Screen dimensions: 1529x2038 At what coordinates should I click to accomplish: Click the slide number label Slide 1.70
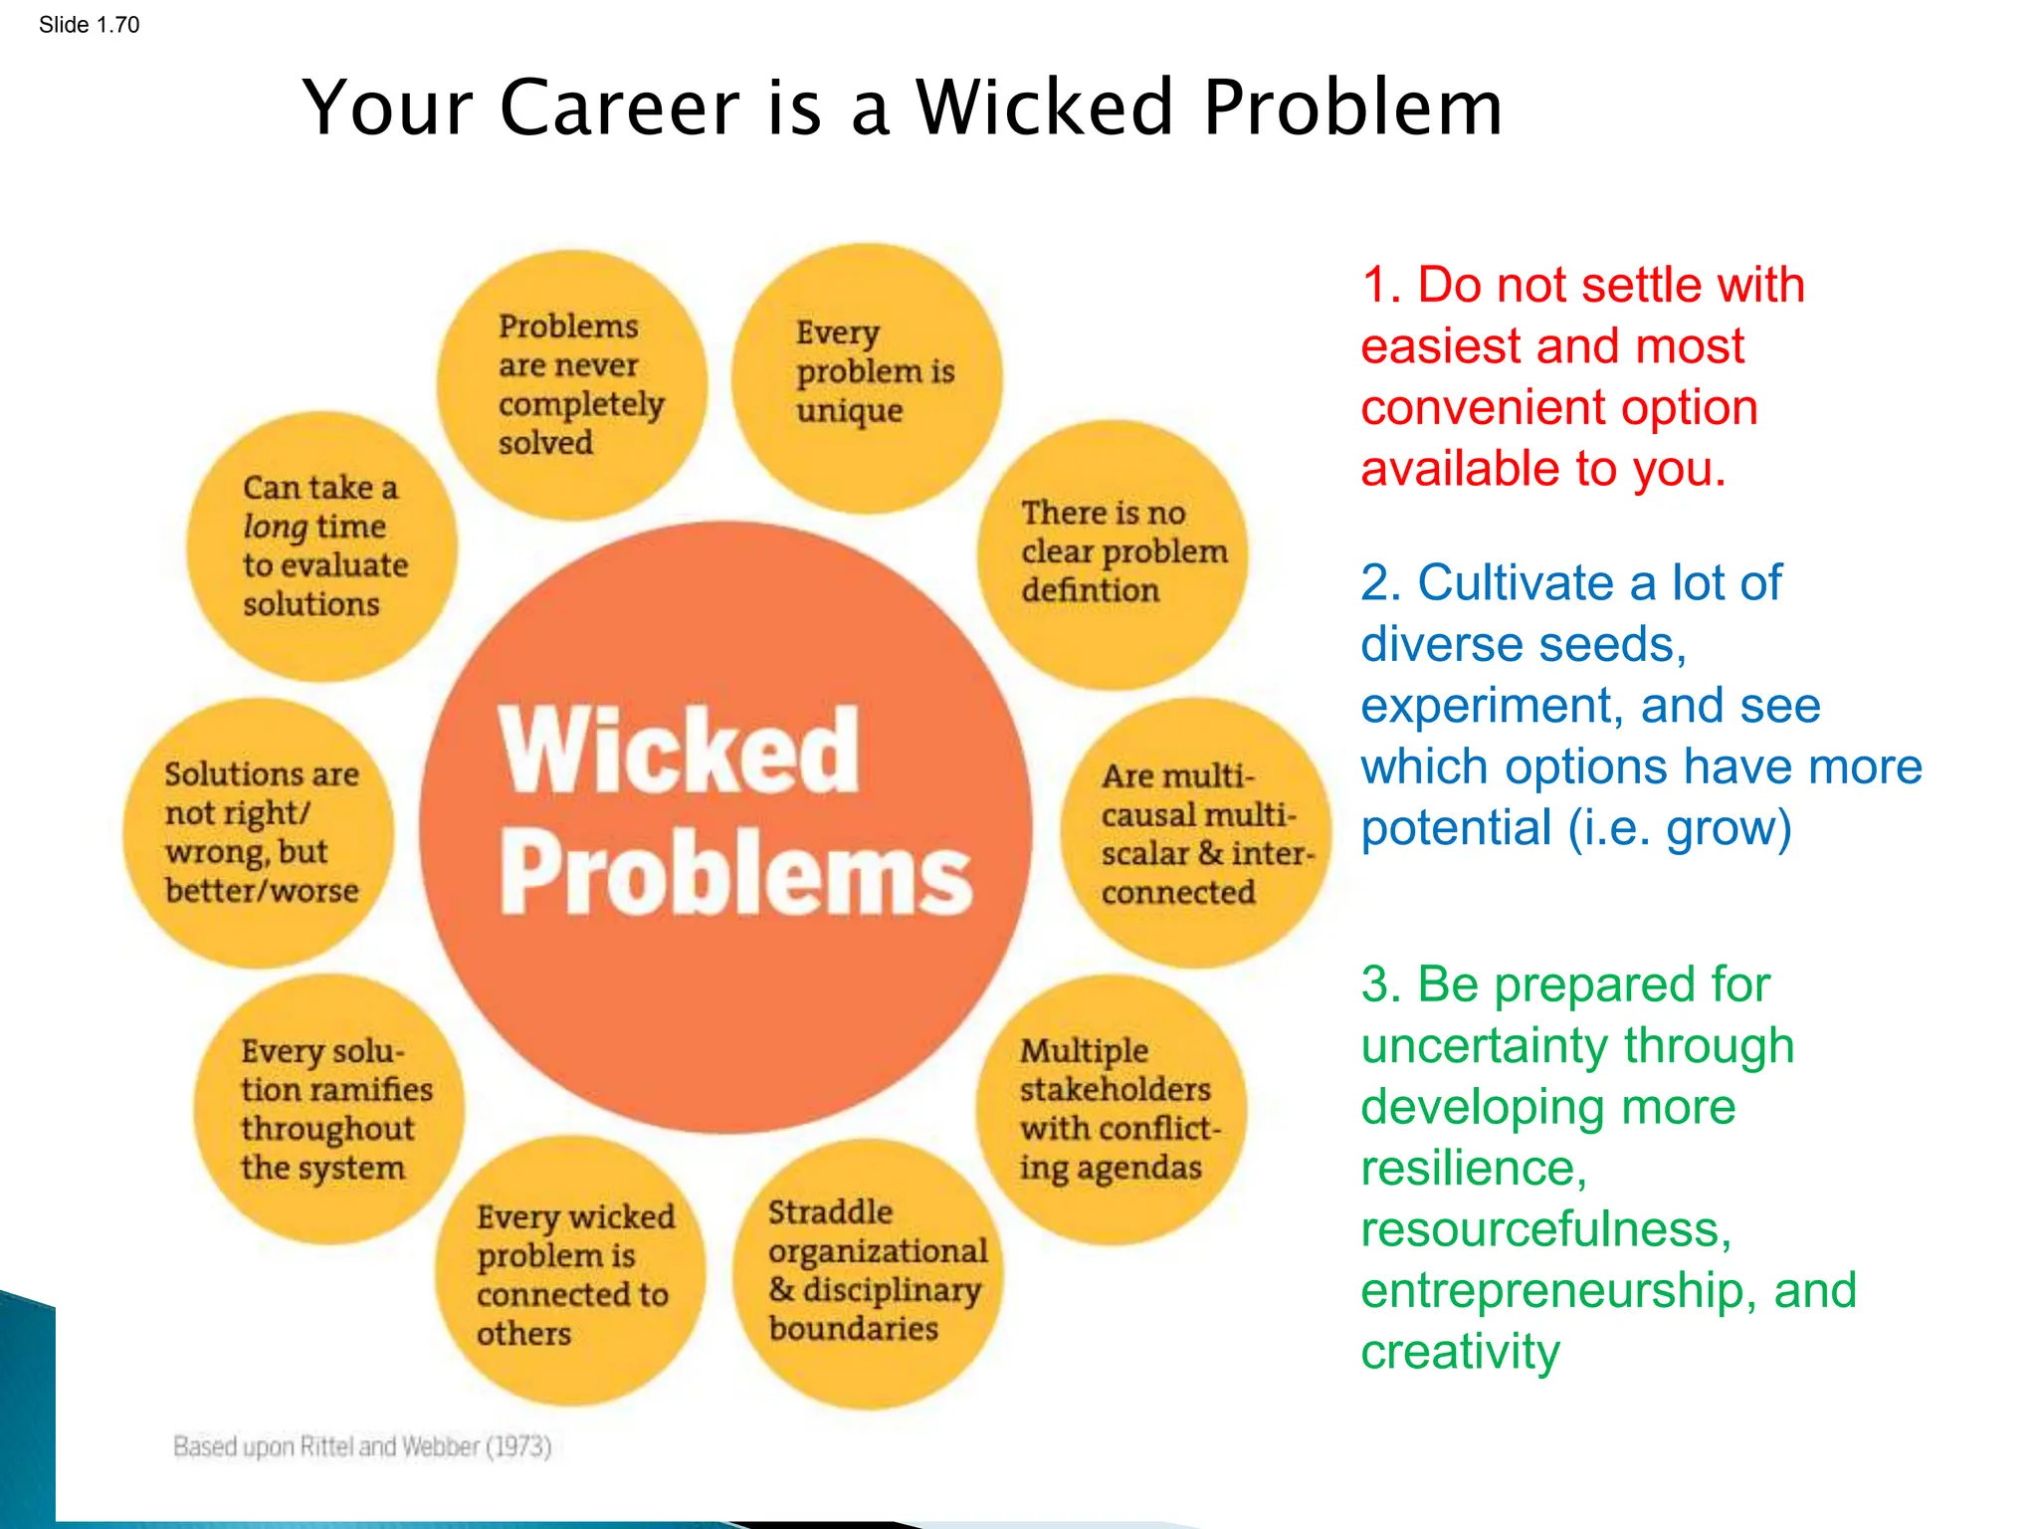[x=89, y=25]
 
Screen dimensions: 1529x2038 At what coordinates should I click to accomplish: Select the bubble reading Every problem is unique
[x=867, y=378]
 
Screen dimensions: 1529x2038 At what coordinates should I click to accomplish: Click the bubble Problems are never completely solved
[x=572, y=385]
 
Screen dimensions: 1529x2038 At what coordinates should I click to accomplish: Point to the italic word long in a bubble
[x=275, y=527]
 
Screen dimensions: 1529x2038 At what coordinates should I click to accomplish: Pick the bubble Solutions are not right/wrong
[x=259, y=832]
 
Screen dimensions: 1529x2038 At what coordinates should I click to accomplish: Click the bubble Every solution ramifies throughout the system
[x=329, y=1109]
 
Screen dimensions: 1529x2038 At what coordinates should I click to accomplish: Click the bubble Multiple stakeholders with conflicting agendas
[x=1112, y=1109]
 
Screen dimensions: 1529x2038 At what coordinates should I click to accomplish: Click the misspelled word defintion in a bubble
[x=1090, y=590]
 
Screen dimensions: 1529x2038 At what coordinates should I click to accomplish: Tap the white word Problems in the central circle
[x=735, y=874]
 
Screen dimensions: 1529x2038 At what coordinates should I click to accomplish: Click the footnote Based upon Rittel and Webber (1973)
[x=362, y=1446]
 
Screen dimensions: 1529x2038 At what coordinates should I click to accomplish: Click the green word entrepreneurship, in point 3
[x=1551, y=1291]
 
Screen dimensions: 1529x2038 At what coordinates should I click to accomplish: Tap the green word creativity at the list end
[x=1460, y=1352]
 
